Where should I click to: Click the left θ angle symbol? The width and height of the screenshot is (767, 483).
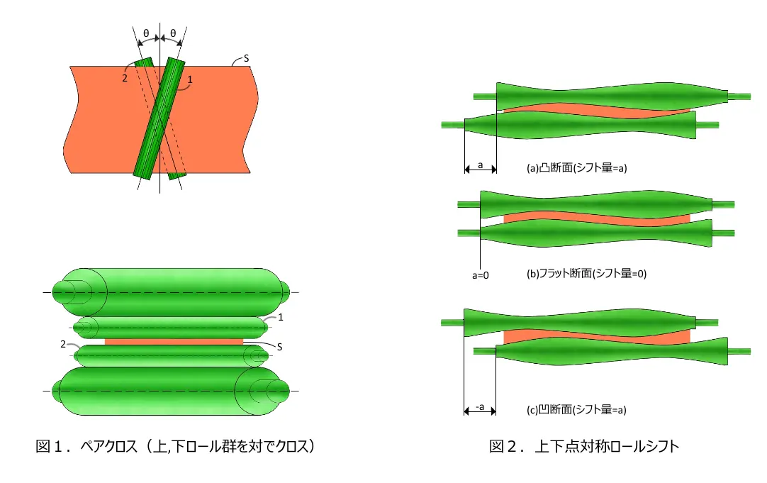click(146, 34)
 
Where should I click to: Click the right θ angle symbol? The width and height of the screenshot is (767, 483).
click(173, 34)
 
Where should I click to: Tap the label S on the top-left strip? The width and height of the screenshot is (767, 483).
click(246, 58)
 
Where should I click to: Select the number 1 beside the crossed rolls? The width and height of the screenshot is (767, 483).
click(190, 79)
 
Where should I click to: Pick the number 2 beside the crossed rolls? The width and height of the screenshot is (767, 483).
click(125, 78)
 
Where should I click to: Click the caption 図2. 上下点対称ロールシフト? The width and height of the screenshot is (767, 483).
click(584, 446)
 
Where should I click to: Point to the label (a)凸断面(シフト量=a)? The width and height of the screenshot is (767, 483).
click(577, 168)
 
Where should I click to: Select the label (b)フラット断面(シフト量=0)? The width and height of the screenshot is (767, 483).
click(586, 274)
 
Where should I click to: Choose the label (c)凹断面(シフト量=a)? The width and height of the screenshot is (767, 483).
click(576, 410)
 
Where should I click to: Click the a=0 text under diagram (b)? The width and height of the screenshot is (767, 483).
click(481, 275)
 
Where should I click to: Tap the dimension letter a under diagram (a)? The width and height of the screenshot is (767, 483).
click(481, 165)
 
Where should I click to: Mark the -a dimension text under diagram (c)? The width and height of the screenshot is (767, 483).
click(480, 407)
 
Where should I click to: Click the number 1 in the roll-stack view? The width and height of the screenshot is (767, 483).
click(281, 317)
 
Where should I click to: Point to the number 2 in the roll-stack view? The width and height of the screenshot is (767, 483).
click(62, 345)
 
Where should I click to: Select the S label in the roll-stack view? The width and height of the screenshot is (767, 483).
click(279, 347)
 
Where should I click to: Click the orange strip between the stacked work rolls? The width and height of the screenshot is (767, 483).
click(174, 342)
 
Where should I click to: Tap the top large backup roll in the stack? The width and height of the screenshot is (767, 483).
click(172, 292)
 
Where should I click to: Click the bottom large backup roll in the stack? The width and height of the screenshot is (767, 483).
click(172, 391)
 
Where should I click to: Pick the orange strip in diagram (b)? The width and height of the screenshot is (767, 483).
click(597, 218)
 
